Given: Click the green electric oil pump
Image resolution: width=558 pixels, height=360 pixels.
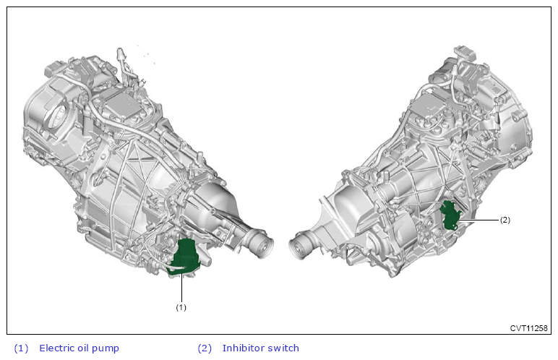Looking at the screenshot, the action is pyautogui.click(x=184, y=257).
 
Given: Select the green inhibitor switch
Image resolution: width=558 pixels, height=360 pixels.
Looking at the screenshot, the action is pyautogui.click(x=450, y=215).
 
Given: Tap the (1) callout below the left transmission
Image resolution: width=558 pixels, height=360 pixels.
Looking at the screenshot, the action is pyautogui.click(x=181, y=307).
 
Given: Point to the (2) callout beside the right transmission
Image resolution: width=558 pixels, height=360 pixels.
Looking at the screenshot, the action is pyautogui.click(x=505, y=220).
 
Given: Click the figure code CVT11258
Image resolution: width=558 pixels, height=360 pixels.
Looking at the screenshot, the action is pyautogui.click(x=528, y=328).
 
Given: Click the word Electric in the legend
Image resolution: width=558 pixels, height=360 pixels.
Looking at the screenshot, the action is pyautogui.click(x=56, y=348).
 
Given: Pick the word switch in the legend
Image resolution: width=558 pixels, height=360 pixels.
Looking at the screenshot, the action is pyautogui.click(x=283, y=348).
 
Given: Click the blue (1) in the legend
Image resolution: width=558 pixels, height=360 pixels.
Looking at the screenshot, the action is pyautogui.click(x=21, y=348).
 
